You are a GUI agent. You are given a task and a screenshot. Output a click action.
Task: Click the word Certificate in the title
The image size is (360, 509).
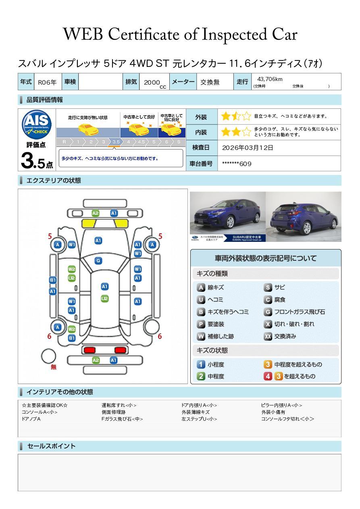click(x=144, y=35)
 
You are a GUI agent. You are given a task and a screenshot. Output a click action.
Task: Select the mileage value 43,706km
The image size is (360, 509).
click(x=270, y=79)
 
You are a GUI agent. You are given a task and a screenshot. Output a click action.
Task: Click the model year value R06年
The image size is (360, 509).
click(x=47, y=82)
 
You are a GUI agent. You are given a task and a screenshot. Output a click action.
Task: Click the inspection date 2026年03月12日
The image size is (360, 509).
click(x=248, y=148)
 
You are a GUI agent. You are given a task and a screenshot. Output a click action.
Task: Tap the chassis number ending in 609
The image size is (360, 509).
click(x=237, y=164)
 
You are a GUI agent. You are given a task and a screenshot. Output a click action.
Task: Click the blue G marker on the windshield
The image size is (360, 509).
click(x=98, y=261)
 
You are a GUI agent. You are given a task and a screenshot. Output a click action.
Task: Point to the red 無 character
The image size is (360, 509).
click(x=54, y=367)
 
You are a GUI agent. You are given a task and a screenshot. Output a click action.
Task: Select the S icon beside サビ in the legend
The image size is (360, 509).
click(x=268, y=288)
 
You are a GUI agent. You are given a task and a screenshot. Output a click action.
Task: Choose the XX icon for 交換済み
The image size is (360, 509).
click(x=268, y=336)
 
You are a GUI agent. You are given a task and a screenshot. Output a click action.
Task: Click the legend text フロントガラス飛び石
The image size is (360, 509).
click(x=300, y=312)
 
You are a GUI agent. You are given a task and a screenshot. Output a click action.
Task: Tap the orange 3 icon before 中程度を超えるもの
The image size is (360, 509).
click(x=268, y=364)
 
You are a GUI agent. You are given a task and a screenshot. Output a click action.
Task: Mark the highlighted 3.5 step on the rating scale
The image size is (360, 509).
click(x=116, y=142)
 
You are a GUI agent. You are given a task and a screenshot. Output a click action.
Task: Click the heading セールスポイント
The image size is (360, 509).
click(x=51, y=446)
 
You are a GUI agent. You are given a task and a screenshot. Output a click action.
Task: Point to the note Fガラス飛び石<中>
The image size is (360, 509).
click(x=122, y=419)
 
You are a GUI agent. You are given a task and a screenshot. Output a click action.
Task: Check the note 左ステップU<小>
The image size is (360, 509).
click(x=199, y=419)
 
